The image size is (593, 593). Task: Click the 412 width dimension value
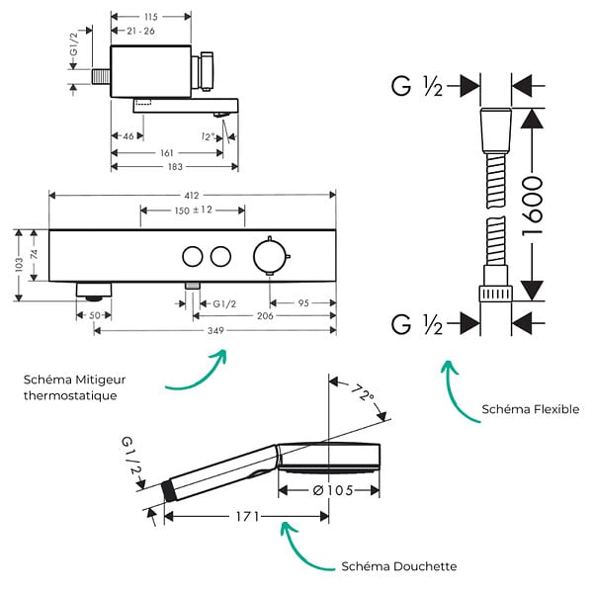192,195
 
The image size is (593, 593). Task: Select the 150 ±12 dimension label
194,210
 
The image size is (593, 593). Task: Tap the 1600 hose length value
532,206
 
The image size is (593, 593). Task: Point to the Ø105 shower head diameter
333,490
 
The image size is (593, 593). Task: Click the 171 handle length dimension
248,516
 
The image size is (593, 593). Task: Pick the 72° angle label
363,392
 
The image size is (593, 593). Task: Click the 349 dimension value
215,330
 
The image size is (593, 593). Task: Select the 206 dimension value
265,316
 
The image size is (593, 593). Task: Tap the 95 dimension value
303,303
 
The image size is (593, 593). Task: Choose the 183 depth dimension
175,167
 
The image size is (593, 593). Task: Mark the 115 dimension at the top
151,17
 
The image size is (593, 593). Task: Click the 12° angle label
208,136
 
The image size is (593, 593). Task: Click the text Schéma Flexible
530,409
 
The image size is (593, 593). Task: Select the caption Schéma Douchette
399,566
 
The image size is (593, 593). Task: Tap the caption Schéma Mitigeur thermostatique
74,387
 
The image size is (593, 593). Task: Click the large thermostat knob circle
269,256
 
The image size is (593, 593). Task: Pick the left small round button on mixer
193,256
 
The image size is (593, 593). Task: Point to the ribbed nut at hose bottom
496,294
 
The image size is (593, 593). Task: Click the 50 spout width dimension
95,315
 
